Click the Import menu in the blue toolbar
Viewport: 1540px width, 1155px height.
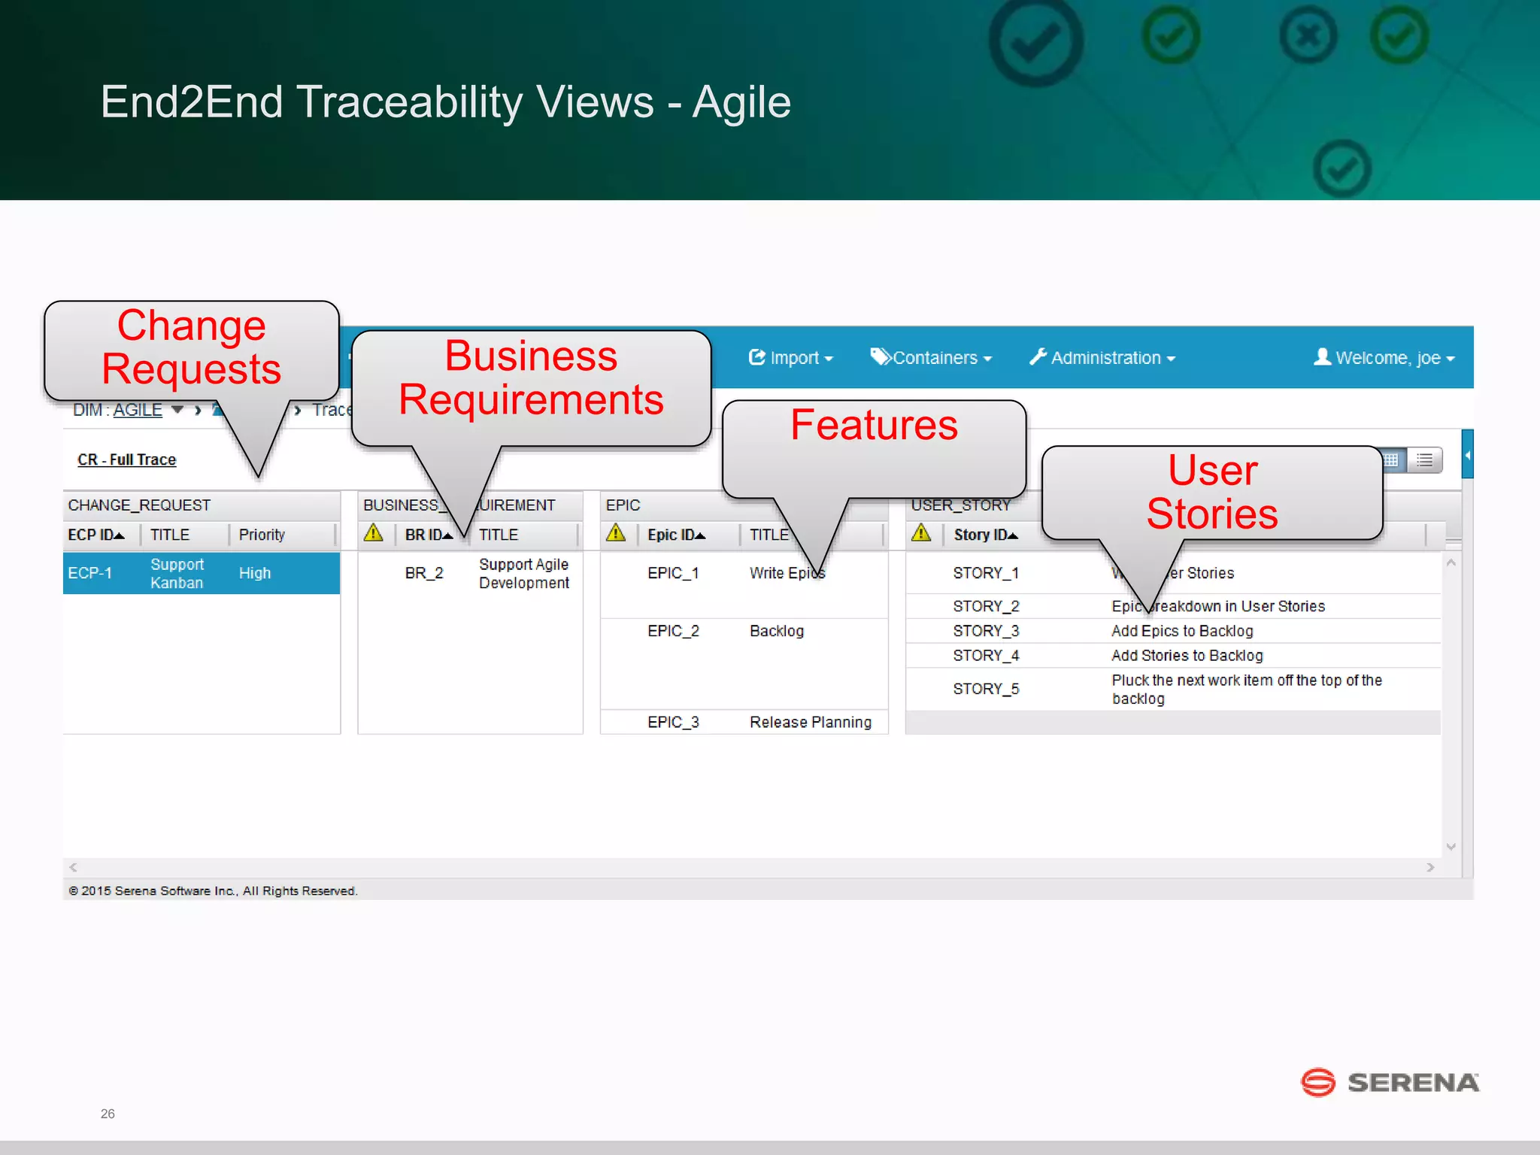click(x=790, y=358)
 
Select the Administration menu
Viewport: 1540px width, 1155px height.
click(x=1102, y=358)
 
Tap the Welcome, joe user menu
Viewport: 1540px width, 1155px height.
click(x=1384, y=358)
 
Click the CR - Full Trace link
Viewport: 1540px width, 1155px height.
click(x=126, y=459)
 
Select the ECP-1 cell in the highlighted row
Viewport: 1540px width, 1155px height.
click(x=89, y=573)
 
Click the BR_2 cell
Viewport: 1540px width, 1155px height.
click(x=424, y=573)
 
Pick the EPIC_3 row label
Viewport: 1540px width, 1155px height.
click(x=673, y=722)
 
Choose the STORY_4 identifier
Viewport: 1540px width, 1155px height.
click(x=986, y=656)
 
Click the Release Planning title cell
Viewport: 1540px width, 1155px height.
click(x=811, y=722)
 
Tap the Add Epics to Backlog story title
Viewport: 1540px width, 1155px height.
click(x=1182, y=631)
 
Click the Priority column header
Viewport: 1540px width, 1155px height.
click(x=262, y=535)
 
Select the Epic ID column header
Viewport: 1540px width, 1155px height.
click(x=675, y=535)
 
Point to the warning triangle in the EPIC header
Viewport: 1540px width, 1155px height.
click(x=616, y=533)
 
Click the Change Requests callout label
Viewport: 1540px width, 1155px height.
click(x=191, y=347)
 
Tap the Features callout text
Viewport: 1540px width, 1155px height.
click(x=874, y=425)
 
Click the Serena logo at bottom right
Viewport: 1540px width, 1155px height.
click(x=1390, y=1083)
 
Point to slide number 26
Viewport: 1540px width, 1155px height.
click(x=108, y=1114)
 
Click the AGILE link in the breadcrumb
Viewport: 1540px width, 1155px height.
click(x=138, y=410)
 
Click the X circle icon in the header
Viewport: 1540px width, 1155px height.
click(x=1308, y=35)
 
